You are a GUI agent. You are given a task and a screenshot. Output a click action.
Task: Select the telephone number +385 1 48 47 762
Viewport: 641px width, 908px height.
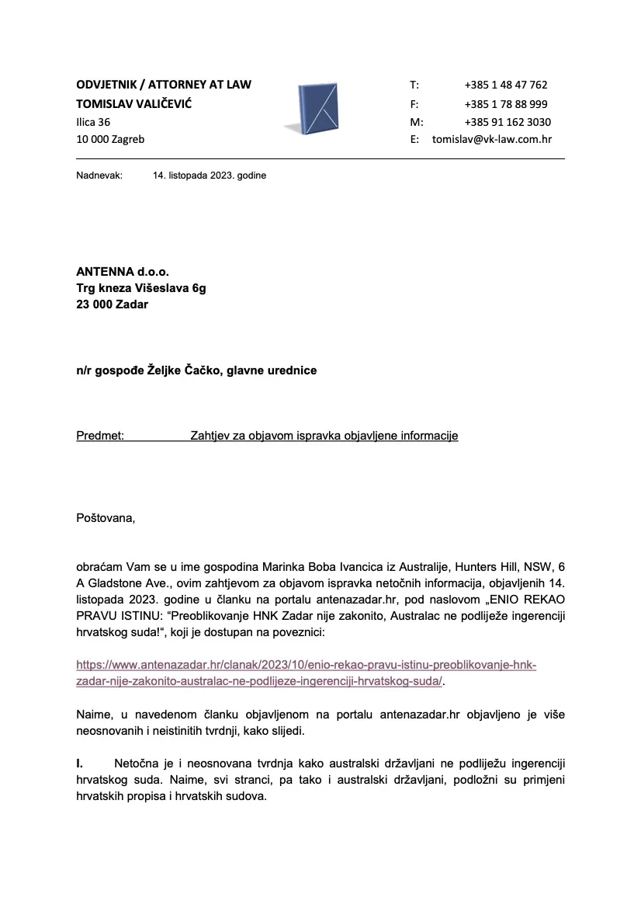coord(506,85)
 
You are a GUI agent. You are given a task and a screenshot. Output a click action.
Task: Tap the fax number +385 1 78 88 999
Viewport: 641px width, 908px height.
coord(506,103)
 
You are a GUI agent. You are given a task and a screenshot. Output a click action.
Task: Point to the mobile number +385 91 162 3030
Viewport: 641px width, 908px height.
coord(508,122)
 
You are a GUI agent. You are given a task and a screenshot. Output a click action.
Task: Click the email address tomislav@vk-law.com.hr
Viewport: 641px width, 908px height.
coord(491,140)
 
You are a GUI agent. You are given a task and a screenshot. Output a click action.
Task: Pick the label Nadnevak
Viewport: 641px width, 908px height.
coord(99,176)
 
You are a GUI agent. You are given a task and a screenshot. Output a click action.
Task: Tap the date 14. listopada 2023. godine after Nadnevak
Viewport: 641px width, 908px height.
coord(210,176)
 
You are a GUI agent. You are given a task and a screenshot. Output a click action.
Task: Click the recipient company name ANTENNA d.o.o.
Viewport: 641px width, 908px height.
coord(122,272)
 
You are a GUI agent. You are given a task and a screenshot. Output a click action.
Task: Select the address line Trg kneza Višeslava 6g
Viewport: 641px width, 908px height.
coord(141,288)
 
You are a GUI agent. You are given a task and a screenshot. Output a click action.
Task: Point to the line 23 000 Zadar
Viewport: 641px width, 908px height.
coord(112,304)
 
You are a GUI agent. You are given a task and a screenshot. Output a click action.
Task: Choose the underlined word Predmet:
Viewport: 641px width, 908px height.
coord(100,436)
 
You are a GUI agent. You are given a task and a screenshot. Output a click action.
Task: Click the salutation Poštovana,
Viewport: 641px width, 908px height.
coord(106,518)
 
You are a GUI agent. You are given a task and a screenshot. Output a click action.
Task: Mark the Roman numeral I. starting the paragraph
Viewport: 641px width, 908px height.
coord(80,764)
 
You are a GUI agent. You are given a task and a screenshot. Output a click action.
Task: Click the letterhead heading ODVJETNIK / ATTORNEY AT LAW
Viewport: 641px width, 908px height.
coord(164,85)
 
